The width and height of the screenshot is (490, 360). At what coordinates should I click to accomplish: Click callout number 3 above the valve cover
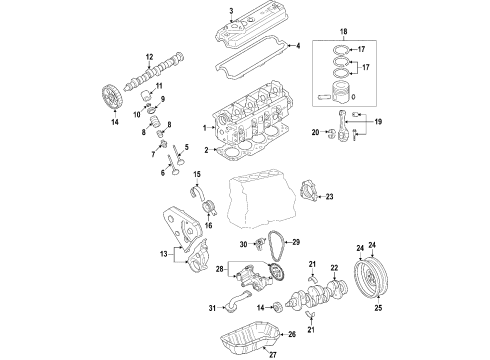pos(231,11)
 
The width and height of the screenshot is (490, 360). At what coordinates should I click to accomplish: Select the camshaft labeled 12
pos(154,71)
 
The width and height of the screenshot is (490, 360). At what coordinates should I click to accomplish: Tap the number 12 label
pos(149,57)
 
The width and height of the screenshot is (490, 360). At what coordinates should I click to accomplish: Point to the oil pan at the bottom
pos(249,338)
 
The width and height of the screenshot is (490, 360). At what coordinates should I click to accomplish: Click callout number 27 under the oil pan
pos(273,355)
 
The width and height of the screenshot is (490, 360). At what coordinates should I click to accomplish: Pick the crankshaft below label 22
pos(317,294)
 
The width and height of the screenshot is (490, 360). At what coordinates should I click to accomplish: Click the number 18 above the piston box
pos(344,32)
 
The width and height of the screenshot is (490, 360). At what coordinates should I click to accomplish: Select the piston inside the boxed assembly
pos(341,92)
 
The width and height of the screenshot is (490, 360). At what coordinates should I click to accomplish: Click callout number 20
pos(315,132)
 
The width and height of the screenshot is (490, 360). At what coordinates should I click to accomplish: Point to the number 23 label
pos(329,197)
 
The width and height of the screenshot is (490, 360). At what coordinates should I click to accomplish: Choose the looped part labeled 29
pos(275,246)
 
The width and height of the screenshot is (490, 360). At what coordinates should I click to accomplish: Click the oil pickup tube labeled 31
pos(237,302)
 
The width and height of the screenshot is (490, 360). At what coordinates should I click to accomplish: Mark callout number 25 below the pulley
pos(378,308)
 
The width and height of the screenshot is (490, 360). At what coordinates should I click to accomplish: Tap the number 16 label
pos(208,226)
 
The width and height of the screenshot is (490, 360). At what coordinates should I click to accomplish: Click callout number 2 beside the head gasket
pos(206,150)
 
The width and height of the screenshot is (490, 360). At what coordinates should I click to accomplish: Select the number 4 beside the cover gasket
pos(298,46)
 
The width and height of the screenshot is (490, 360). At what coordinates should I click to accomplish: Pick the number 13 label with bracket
pos(164,254)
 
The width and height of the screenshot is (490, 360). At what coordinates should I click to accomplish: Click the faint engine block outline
pos(262,199)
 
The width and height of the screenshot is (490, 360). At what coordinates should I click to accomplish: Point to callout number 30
pos(244,244)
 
